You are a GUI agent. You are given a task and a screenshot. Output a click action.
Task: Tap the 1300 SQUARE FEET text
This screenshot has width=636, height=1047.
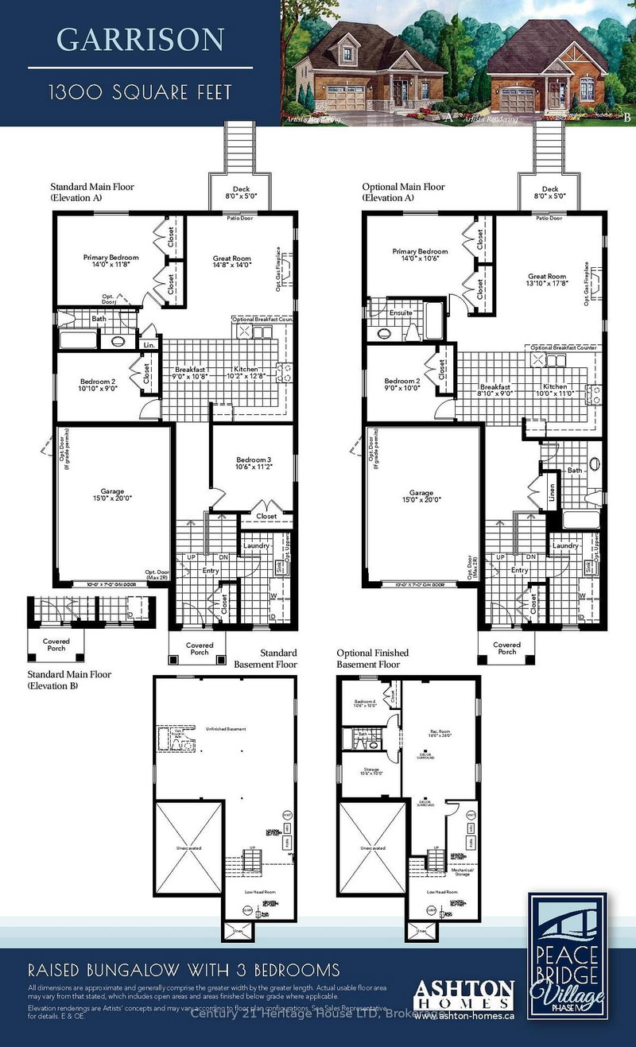coord(140,92)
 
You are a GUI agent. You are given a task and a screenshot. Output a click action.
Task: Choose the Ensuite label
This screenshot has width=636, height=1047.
coord(401,312)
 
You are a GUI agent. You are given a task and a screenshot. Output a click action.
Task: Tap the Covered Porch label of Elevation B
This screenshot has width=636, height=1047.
coord(56,644)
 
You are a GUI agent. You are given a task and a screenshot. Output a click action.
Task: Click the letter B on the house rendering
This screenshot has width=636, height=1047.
coord(628,117)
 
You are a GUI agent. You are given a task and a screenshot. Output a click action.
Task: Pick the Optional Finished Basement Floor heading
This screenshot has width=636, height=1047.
coord(368,658)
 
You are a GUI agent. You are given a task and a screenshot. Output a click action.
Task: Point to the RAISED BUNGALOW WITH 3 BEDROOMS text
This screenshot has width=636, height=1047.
coord(184,971)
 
